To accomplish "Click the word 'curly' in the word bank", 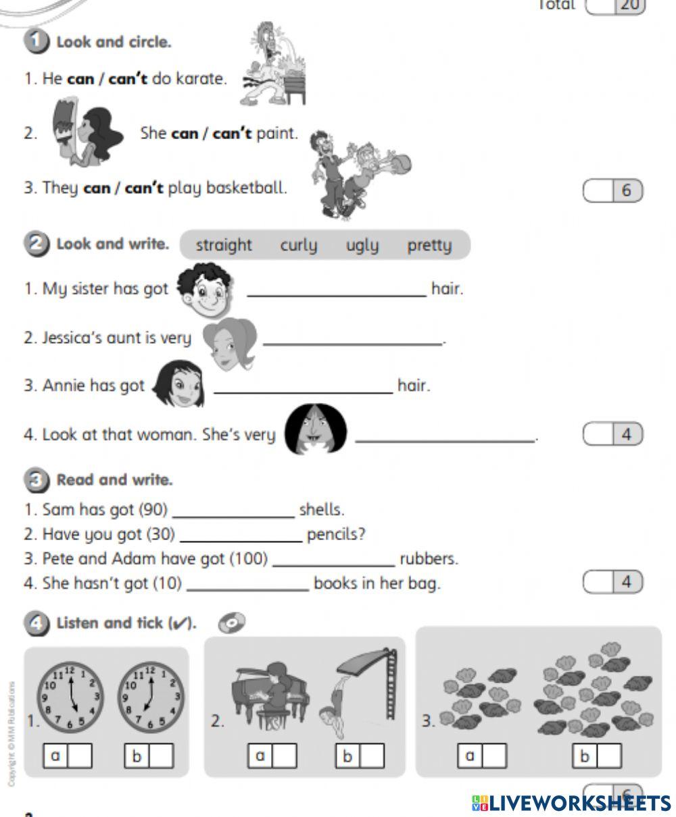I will [298, 245].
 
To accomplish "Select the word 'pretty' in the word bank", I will [429, 245].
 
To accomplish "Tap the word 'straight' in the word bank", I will [223, 245].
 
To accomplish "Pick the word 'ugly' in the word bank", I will [362, 245].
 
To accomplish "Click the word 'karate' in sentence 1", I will [199, 79].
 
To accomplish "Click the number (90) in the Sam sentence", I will [153, 510].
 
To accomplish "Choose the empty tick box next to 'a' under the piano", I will [285, 756].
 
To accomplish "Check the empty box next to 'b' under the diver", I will [371, 756].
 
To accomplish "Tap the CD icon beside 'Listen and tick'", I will [231, 623].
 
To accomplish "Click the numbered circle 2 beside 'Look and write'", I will [35, 244].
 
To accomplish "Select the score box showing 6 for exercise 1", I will [612, 191].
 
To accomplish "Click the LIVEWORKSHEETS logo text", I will [571, 803].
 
